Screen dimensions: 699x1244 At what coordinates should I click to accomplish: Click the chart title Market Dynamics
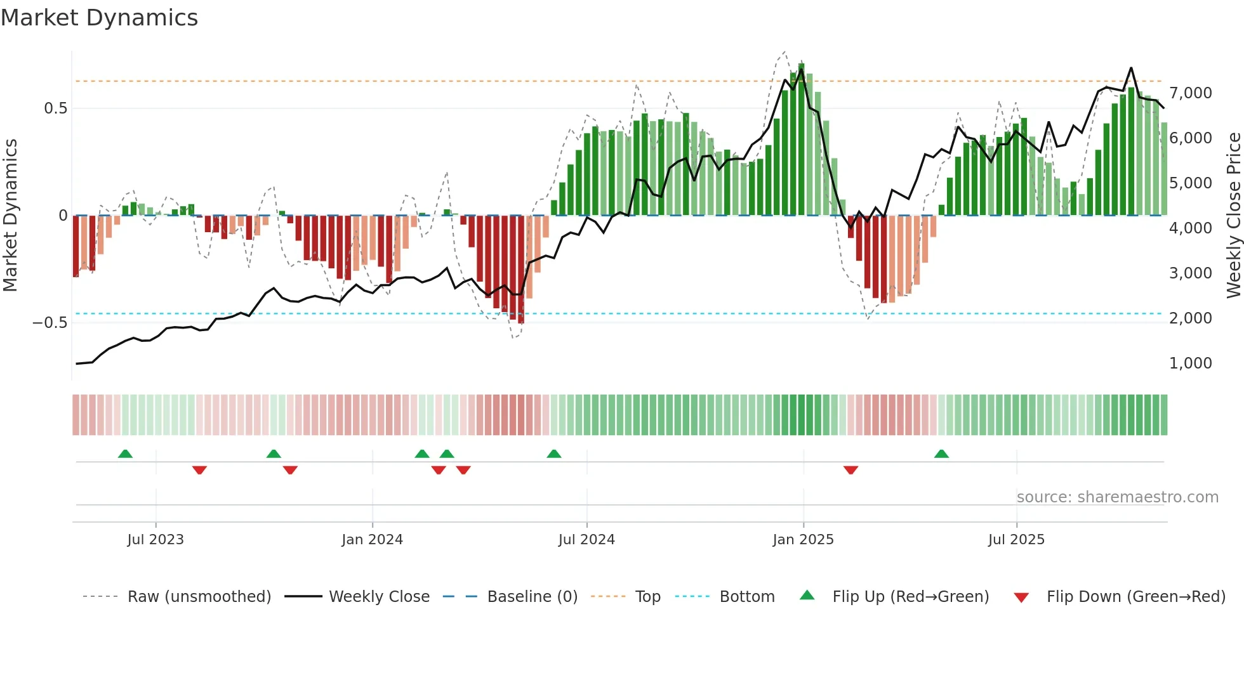100,18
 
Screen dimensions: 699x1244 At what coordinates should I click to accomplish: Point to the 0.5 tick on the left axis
55,108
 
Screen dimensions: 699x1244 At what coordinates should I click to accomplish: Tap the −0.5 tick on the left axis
50,323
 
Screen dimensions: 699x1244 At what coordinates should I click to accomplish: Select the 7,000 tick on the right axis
1190,93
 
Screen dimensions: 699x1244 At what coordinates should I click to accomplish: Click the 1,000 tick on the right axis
1190,363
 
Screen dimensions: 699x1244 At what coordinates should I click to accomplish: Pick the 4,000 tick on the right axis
1190,228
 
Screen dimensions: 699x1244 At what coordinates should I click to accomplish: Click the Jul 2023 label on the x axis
155,540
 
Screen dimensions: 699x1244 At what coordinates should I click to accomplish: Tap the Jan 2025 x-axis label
803,540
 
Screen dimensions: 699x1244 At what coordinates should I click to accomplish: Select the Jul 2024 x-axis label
586,540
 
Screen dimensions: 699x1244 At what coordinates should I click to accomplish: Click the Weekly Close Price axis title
1233,216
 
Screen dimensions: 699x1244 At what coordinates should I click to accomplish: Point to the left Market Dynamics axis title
10,216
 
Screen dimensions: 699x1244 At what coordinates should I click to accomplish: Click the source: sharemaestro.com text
1117,497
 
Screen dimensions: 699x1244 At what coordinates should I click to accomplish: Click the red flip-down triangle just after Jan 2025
850,470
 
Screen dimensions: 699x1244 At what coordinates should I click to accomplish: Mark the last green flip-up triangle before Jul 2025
941,454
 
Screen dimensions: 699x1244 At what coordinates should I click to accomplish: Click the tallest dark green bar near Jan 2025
802,140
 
